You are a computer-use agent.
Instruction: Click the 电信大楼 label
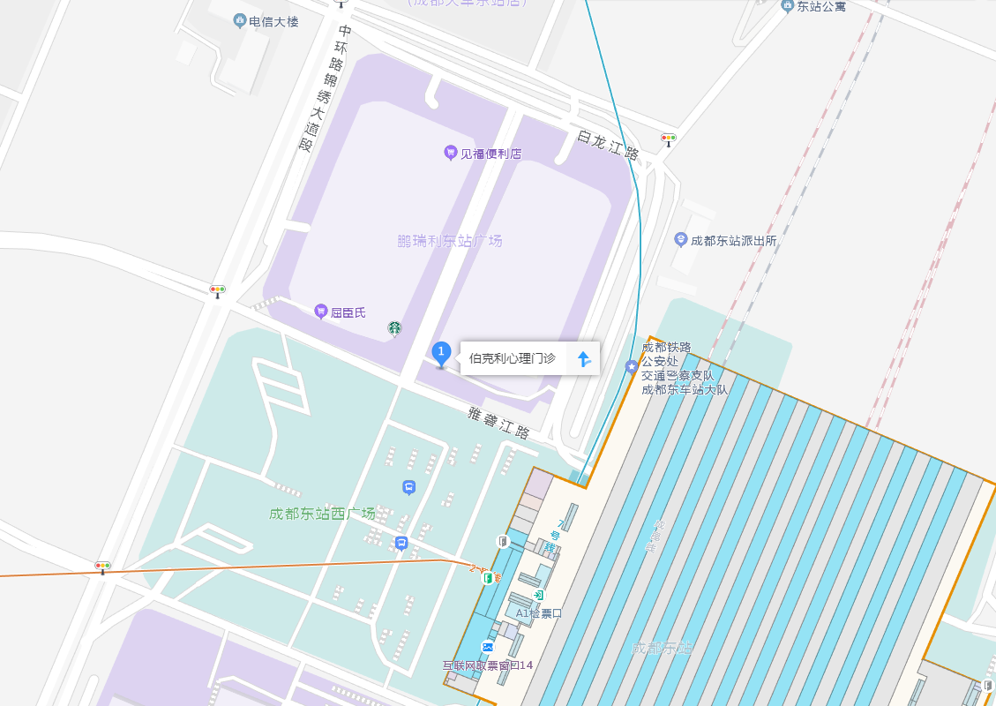click(273, 21)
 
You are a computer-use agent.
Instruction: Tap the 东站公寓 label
click(820, 6)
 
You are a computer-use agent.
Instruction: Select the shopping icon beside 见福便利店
click(450, 153)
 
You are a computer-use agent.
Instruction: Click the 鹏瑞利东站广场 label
click(449, 240)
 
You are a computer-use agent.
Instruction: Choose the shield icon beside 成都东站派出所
click(680, 239)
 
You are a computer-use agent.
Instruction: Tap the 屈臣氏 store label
click(348, 312)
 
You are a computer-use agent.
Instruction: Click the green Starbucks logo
click(394, 328)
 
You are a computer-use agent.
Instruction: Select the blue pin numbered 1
click(441, 353)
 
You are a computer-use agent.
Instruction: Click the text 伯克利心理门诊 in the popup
click(512, 358)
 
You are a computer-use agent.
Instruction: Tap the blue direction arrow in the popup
click(583, 358)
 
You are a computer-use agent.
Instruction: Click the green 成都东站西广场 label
click(322, 514)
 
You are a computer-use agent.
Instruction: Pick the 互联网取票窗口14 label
click(488, 665)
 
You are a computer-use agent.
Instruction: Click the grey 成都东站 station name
click(662, 649)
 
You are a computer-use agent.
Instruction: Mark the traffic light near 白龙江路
click(669, 138)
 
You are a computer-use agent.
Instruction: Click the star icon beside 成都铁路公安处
click(632, 366)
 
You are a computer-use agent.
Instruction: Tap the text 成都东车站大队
click(684, 389)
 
